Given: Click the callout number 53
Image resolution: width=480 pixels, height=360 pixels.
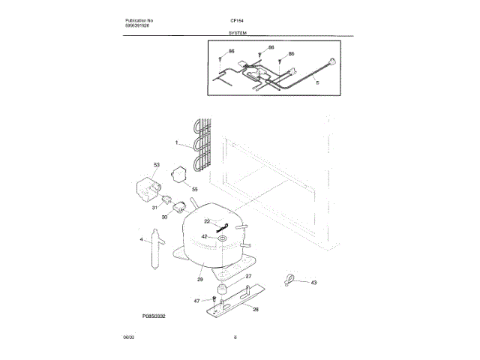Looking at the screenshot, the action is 157,164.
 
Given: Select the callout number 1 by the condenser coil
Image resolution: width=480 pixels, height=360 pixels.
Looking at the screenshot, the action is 176,142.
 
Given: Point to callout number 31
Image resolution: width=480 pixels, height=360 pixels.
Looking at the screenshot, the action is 154,208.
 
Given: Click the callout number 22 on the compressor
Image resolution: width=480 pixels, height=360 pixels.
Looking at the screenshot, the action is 207,221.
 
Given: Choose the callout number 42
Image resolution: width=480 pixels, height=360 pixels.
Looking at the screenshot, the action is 204,236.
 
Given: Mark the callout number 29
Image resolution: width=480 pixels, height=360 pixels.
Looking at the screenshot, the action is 200,279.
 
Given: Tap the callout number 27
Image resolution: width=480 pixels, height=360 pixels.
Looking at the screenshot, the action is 248,277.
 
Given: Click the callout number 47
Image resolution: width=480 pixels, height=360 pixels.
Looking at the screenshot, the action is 197,300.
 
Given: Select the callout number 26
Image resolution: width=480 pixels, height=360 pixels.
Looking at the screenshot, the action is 255,308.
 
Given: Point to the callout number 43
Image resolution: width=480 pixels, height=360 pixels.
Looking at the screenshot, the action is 313,282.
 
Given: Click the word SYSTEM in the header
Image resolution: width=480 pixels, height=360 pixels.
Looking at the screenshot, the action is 238,33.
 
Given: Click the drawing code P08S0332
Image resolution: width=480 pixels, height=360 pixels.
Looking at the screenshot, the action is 153,317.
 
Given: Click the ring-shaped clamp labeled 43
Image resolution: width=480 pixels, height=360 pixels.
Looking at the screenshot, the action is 289,280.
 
